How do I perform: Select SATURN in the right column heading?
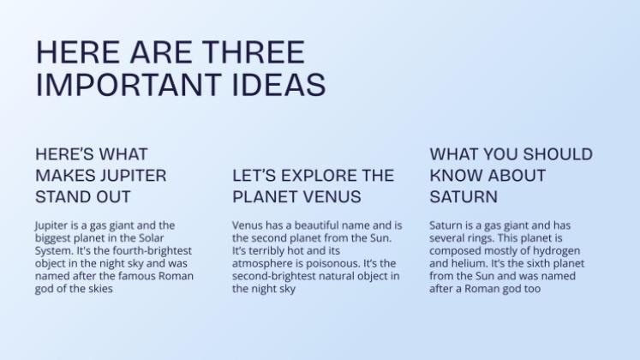(464, 196)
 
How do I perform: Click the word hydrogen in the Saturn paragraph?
(569, 250)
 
